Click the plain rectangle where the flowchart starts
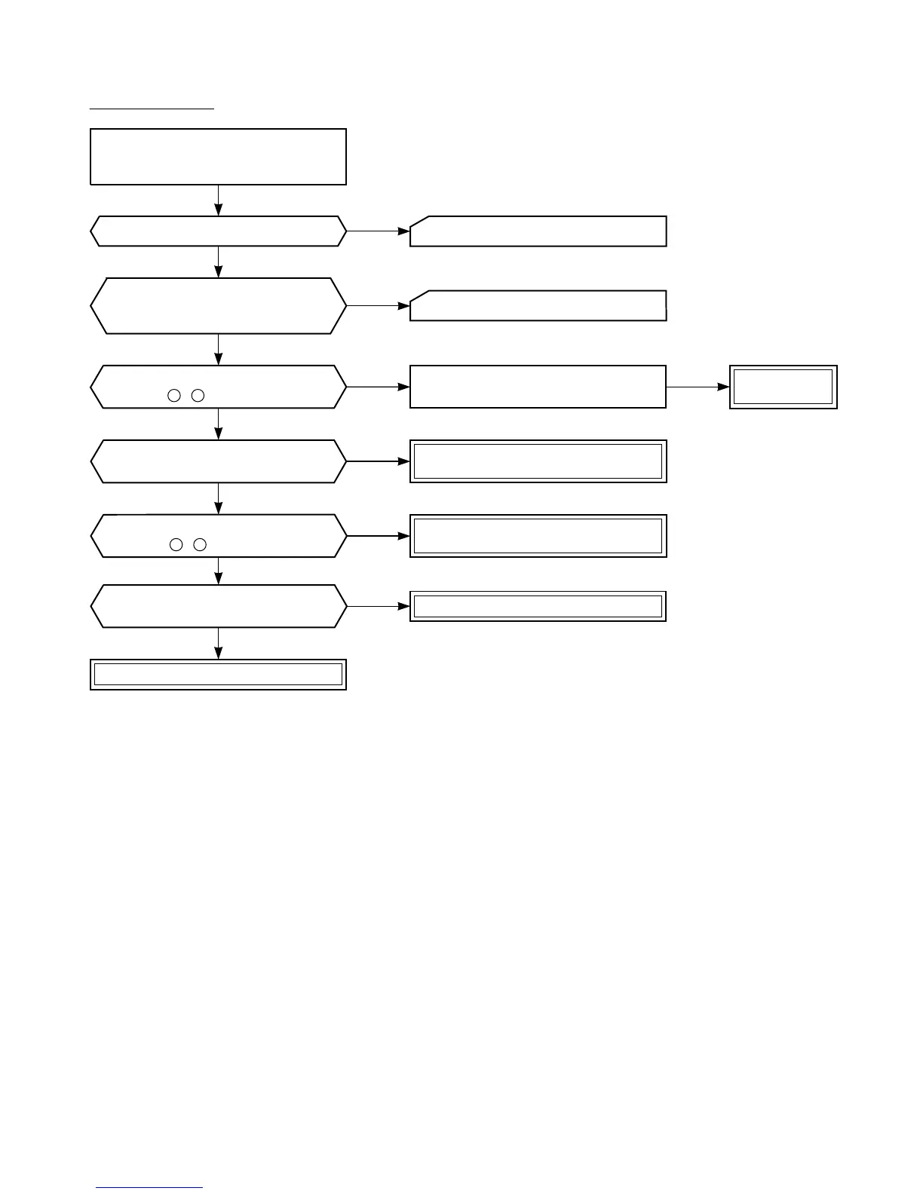point(218,157)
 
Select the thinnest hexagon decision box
point(218,231)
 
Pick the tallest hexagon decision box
point(218,306)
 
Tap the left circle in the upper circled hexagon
point(174,395)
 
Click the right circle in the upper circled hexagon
point(198,395)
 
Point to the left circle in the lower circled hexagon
point(176,544)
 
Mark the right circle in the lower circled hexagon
point(199,544)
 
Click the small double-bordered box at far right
point(783,387)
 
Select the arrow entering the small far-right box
point(698,387)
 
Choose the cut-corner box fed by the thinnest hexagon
point(538,231)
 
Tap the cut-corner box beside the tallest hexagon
point(538,306)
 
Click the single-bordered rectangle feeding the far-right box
point(538,387)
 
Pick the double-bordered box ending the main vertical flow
point(218,675)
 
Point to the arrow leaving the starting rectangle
point(219,201)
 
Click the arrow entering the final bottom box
point(219,644)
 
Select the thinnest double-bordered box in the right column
point(538,606)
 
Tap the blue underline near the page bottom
point(150,1188)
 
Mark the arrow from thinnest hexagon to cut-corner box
point(378,231)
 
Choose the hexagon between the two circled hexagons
point(218,461)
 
